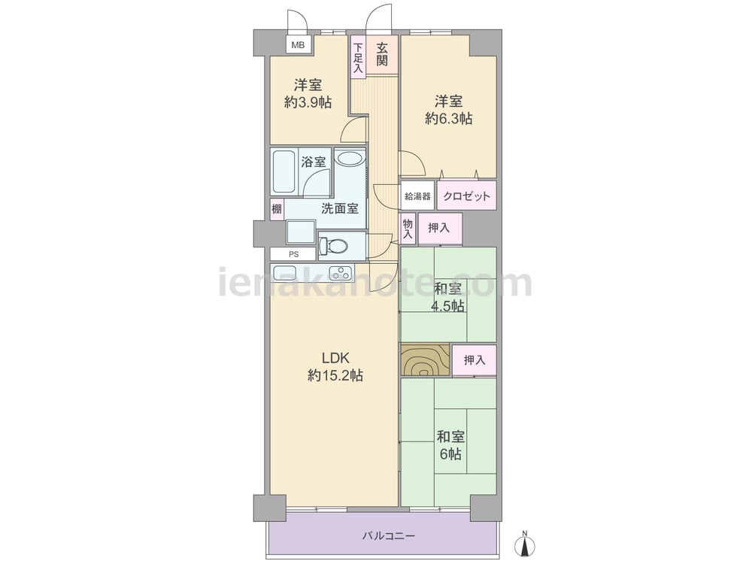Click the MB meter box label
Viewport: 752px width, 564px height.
tap(299, 46)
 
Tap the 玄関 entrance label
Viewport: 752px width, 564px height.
tap(382, 55)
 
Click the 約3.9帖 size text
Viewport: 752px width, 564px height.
tap(308, 102)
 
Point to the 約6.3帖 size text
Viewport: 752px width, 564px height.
tap(448, 119)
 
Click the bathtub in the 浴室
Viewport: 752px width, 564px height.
tap(283, 171)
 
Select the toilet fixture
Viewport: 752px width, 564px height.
tap(334, 246)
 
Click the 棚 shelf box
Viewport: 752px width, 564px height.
tap(277, 210)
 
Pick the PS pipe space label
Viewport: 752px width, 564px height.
tap(293, 254)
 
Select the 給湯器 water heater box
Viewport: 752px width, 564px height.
tap(417, 196)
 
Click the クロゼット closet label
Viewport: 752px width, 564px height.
tap(467, 196)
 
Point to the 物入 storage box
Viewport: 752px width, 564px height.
tap(408, 229)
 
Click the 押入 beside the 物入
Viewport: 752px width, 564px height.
tap(439, 229)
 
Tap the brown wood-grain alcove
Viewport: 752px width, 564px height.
tap(425, 359)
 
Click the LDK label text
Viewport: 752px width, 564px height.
tap(335, 358)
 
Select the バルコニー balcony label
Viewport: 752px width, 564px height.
tap(389, 535)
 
